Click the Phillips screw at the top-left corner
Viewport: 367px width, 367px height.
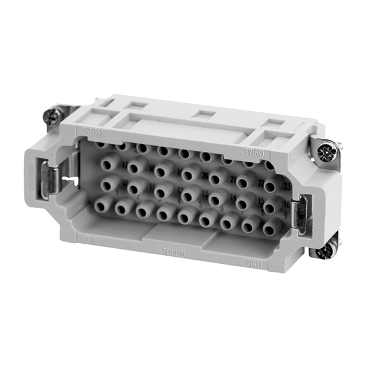(x=52, y=117)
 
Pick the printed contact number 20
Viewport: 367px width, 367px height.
(x=204, y=175)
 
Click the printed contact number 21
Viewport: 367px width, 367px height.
(x=233, y=179)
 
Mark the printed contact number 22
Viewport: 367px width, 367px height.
(x=261, y=183)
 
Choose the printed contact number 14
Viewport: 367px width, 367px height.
(x=233, y=198)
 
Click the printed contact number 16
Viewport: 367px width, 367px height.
(x=285, y=205)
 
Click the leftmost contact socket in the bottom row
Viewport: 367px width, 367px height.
(x=104, y=204)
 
